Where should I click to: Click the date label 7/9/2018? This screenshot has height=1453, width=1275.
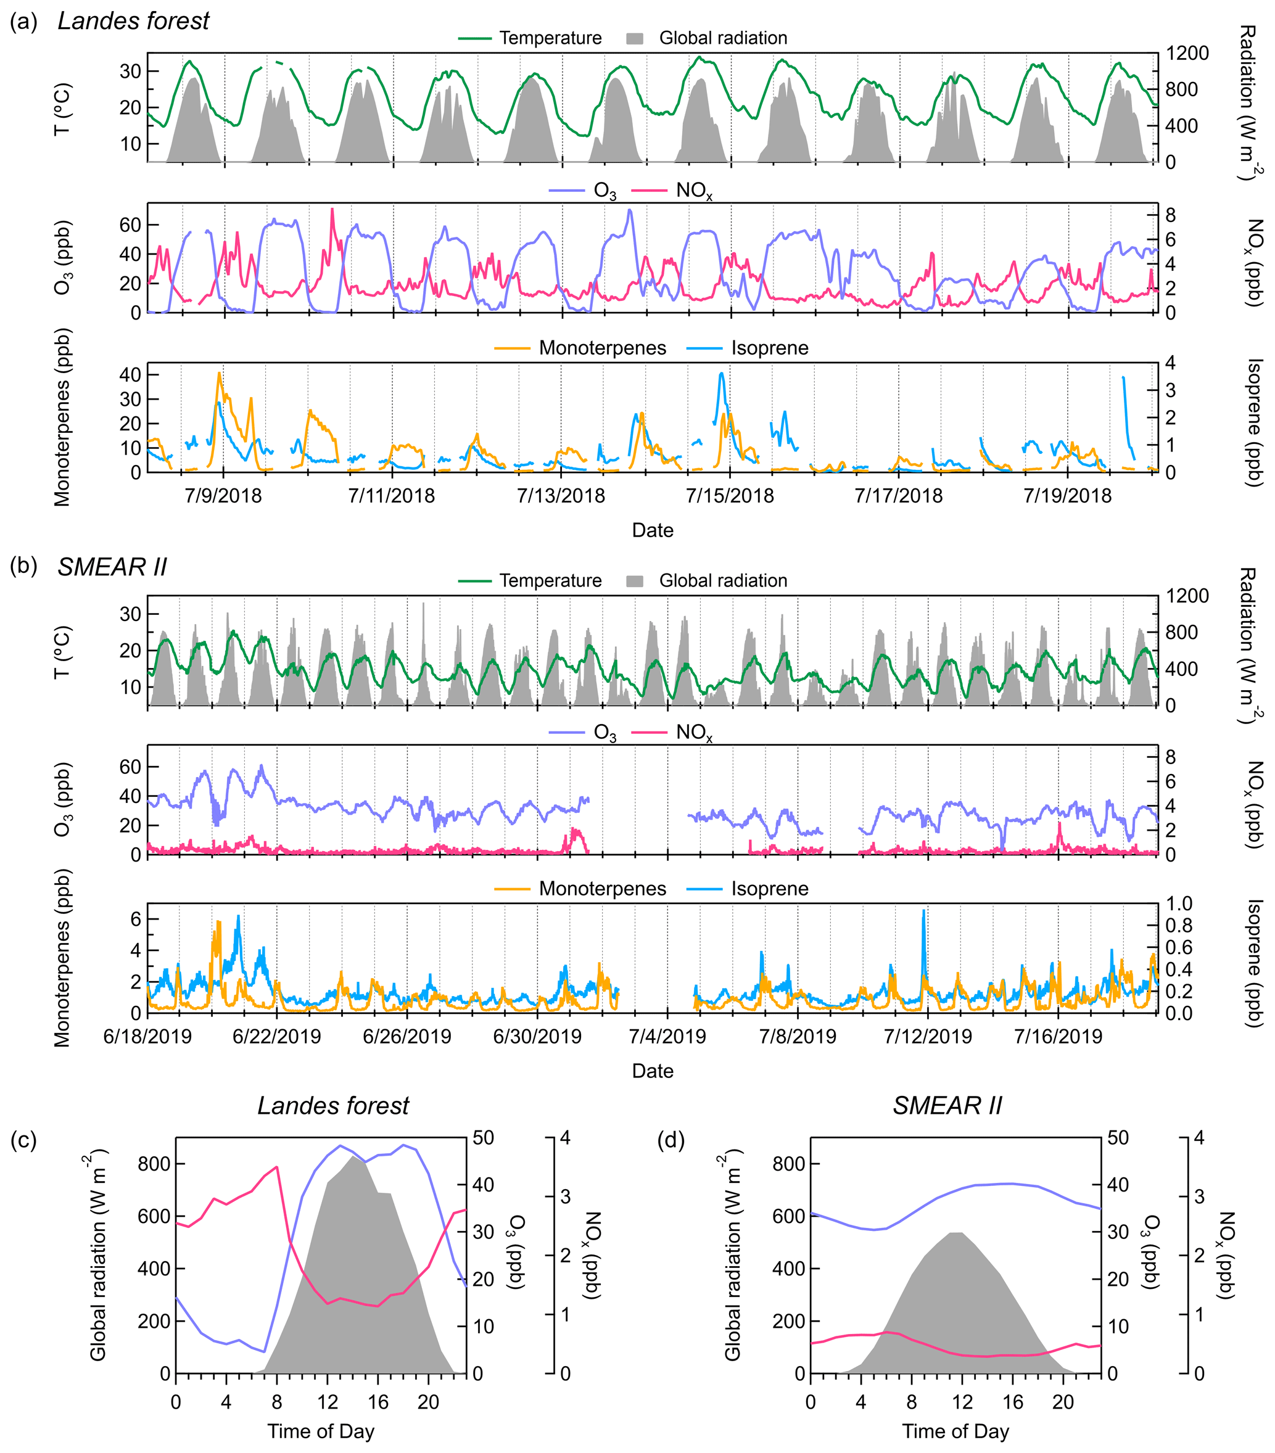click(x=223, y=495)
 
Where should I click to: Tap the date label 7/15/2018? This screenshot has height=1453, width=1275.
click(x=730, y=495)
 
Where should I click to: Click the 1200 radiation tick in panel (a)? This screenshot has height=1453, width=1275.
click(x=1187, y=53)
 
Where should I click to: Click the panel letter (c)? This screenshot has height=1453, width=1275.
click(x=23, y=1140)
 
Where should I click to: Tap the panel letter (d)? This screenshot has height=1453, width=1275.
click(x=671, y=1140)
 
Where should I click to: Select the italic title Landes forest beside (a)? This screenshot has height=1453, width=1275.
click(x=133, y=22)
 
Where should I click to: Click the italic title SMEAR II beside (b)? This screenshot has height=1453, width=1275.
click(x=112, y=567)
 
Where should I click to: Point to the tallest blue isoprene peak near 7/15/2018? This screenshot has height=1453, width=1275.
click(x=722, y=373)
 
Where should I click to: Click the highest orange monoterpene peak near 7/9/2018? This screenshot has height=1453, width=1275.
click(x=219, y=373)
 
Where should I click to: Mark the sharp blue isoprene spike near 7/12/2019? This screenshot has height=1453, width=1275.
click(x=924, y=911)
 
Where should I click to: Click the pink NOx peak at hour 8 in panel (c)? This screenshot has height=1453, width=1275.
click(x=276, y=1166)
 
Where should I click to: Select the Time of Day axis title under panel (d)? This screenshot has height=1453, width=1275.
click(x=955, y=1431)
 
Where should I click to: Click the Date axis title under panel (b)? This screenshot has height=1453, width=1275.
click(x=652, y=1071)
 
